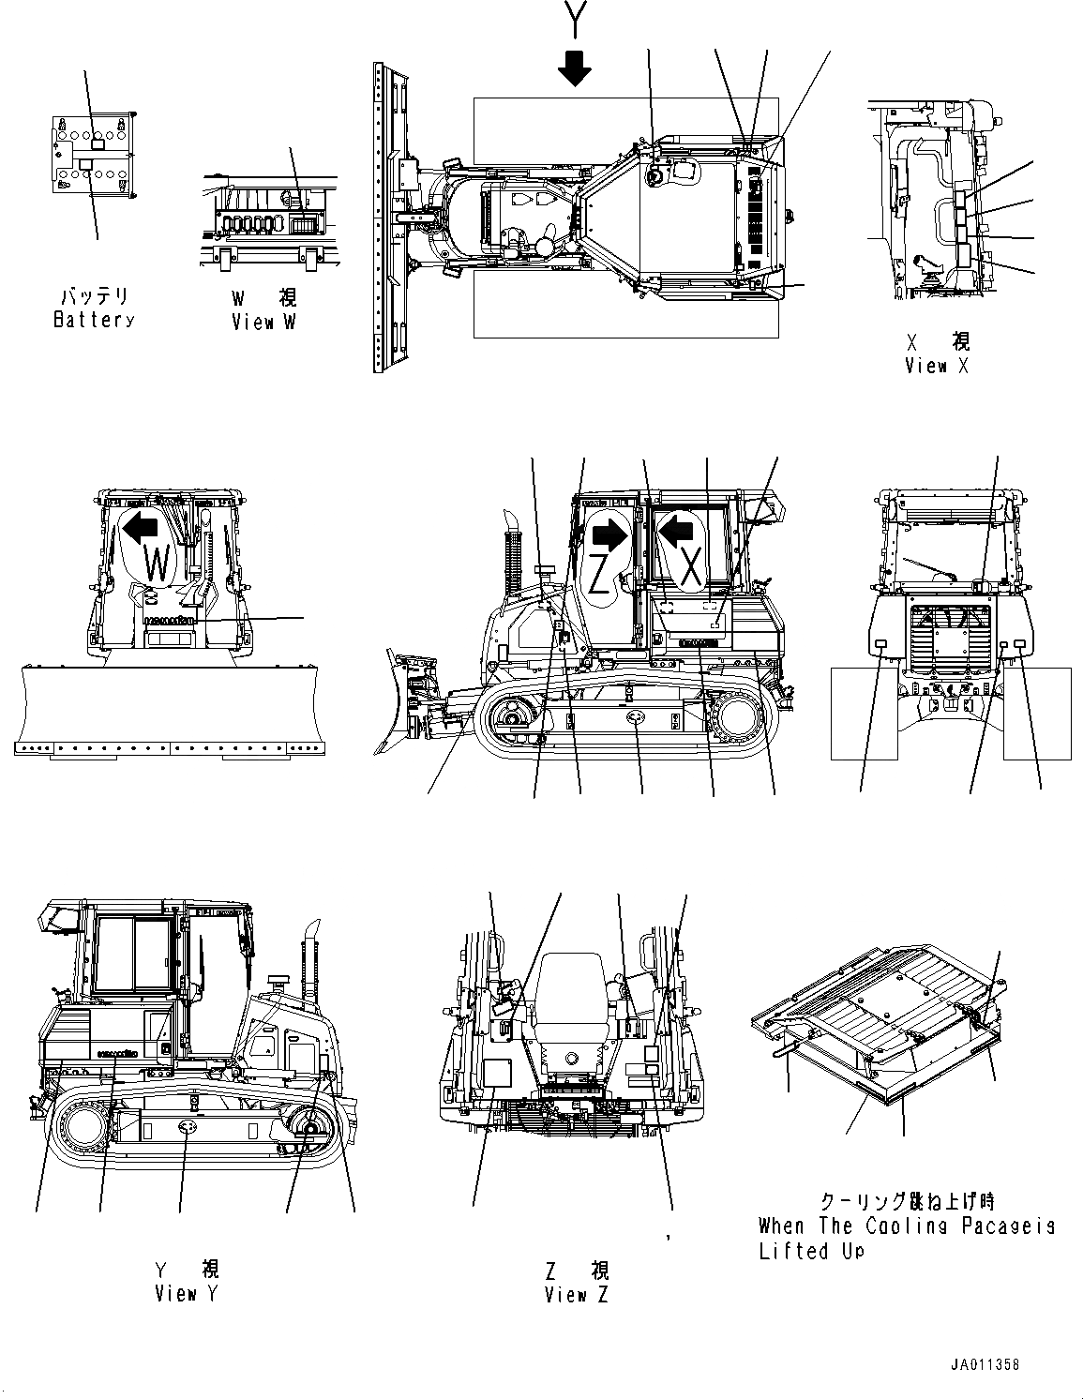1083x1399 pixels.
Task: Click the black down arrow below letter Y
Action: [x=574, y=68]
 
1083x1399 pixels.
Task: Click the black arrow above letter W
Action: [x=141, y=529]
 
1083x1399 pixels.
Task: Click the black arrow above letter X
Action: [x=678, y=532]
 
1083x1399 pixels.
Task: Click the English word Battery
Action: [x=94, y=320]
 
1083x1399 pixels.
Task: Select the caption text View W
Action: [x=265, y=322]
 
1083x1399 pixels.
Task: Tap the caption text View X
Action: [x=937, y=366]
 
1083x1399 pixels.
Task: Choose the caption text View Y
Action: [x=187, y=1294]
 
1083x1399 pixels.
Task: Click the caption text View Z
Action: [x=576, y=1295]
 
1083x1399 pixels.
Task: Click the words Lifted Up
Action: [x=810, y=1252]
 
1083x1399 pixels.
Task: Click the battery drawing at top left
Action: [x=93, y=155]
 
